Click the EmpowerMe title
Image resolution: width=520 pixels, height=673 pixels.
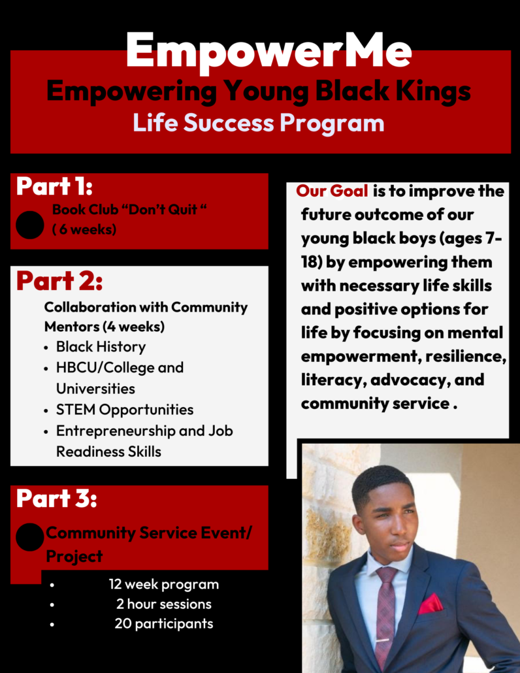point(268,51)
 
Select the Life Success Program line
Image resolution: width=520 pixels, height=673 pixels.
point(258,123)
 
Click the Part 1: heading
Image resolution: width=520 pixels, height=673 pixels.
point(54,186)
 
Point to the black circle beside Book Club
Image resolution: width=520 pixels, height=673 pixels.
point(29,225)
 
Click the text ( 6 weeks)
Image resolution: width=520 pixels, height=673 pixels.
point(84,229)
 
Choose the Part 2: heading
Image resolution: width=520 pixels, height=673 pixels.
point(59,281)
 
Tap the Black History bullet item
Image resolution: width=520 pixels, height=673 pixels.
point(101,347)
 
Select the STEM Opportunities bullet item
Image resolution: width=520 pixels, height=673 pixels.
point(125,410)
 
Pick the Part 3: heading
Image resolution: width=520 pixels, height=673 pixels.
point(56,499)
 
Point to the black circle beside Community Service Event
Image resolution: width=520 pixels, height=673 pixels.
point(29,537)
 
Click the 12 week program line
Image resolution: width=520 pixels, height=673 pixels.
point(163,585)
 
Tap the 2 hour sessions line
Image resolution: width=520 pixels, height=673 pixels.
point(164,604)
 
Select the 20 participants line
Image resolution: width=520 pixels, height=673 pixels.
point(164,623)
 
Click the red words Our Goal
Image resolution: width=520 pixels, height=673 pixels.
point(332,191)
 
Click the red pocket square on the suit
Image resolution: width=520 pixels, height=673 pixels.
point(431,604)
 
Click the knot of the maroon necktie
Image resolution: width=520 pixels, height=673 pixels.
point(387,576)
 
